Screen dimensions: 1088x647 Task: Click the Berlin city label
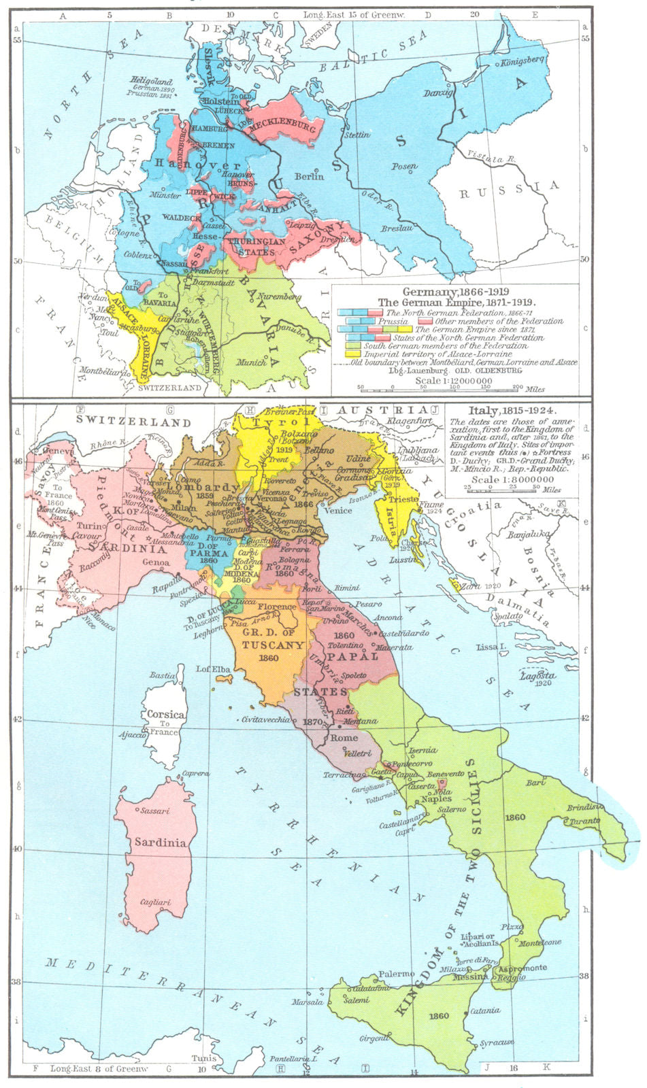(x=309, y=176)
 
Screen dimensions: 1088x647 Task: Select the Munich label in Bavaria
(x=252, y=362)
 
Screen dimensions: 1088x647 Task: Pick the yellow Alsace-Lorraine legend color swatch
(x=352, y=354)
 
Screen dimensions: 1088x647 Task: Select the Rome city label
(x=344, y=738)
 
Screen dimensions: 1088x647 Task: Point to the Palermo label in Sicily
(x=397, y=974)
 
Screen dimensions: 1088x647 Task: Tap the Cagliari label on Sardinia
(x=156, y=902)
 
